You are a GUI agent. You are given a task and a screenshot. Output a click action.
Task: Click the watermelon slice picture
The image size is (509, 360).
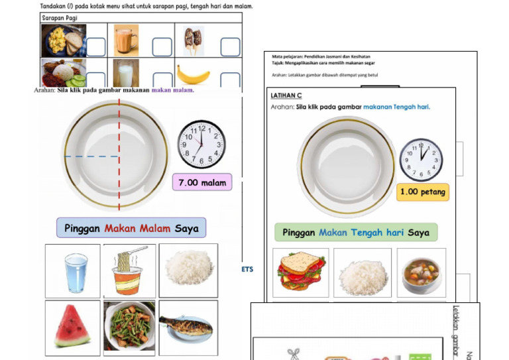click(x=72, y=327)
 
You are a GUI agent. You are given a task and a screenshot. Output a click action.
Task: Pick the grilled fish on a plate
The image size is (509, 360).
click(x=186, y=327)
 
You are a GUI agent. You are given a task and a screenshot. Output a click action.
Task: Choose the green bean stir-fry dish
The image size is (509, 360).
click(x=130, y=327)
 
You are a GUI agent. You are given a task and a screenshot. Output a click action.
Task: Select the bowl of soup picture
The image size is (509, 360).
click(x=422, y=272)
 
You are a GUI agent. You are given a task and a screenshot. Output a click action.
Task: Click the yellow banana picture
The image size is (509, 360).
click(x=193, y=75)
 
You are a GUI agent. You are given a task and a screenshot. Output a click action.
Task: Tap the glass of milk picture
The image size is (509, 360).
click(x=125, y=74)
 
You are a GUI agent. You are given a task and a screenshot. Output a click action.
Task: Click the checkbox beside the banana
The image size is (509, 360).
click(x=229, y=80)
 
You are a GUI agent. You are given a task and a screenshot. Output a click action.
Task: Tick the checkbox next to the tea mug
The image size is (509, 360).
click(x=162, y=47)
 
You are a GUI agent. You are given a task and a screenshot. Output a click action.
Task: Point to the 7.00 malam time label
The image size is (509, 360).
click(x=202, y=182)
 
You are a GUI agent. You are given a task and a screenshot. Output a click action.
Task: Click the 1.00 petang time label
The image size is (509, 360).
click(x=423, y=192)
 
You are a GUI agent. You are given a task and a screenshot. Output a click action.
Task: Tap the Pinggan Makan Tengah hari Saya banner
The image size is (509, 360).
click(x=356, y=233)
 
